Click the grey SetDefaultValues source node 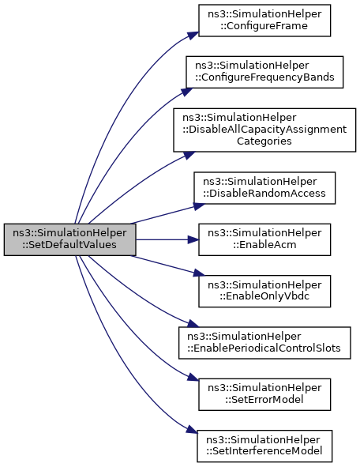(x=70, y=239)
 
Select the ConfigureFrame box (x=264, y=21)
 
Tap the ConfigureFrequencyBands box (x=264, y=72)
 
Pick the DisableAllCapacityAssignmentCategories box (x=264, y=130)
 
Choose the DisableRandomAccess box (x=264, y=188)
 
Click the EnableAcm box (x=264, y=239)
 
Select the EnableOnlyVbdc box (x=264, y=291)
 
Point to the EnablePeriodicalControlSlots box (x=264, y=342)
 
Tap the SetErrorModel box (x=264, y=394)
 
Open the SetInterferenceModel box (x=264, y=446)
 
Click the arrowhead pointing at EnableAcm (x=193, y=239)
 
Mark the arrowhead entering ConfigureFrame (x=193, y=35)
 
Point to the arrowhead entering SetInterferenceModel (x=192, y=430)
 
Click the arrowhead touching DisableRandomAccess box (x=199, y=206)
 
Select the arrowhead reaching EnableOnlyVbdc (x=199, y=273)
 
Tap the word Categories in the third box (x=264, y=141)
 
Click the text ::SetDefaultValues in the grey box (x=70, y=245)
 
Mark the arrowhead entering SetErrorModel (x=193, y=378)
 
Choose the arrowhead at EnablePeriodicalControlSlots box (x=193, y=323)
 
